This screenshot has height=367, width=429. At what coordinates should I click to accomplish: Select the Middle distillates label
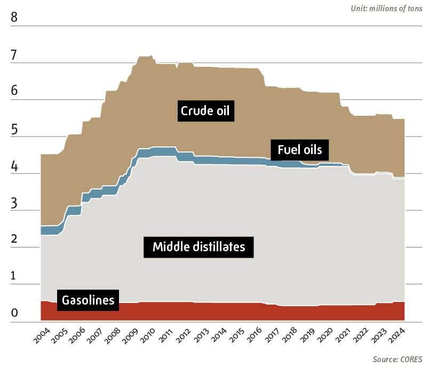198,246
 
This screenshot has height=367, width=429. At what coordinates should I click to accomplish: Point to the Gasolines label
88,300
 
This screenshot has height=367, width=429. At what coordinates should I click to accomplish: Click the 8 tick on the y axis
14,18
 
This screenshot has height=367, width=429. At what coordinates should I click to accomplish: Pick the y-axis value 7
14,55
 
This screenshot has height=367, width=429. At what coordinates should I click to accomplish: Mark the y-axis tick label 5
14,129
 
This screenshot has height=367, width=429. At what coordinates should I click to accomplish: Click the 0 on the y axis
14,314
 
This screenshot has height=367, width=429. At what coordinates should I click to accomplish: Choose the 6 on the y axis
14,92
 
